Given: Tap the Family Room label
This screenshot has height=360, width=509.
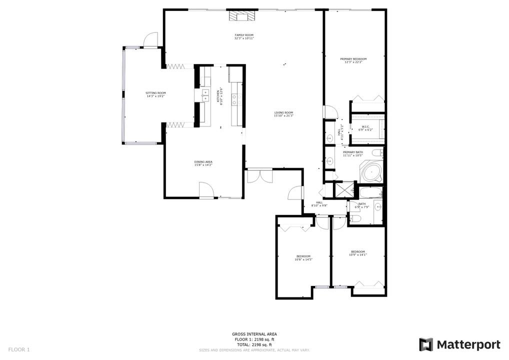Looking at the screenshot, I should click(244, 36).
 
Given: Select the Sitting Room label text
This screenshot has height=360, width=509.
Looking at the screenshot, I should click(155, 94).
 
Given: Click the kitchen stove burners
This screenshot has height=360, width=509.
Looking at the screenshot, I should click(236, 99).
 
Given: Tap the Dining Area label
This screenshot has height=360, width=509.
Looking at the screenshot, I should click(203, 163).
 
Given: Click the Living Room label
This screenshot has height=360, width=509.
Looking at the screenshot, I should click(283, 114).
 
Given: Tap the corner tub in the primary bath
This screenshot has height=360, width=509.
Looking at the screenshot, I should click(371, 171).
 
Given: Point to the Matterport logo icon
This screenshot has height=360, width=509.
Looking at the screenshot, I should click(425, 344).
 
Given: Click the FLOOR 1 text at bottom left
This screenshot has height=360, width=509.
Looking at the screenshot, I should click(19, 349).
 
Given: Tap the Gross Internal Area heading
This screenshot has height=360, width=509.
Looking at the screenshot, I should click(254, 334).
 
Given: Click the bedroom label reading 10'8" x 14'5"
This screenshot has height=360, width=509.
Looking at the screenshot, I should click(303, 258).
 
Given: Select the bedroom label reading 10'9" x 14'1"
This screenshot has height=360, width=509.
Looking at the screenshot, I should click(357, 253).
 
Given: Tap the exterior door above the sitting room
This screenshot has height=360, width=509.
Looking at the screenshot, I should click(150, 40).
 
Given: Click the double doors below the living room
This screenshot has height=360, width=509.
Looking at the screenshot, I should click(259, 176).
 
